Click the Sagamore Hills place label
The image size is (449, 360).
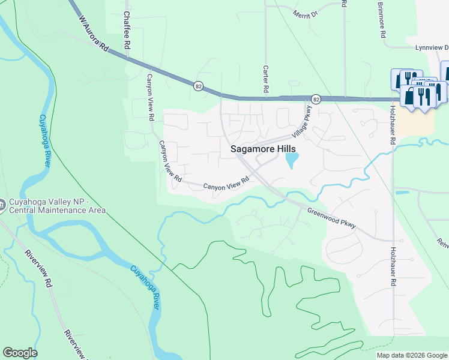pos(263,149)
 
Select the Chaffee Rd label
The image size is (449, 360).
pos(127,29)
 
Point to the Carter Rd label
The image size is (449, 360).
pos(265,79)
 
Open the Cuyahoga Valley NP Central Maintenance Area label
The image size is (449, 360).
pos(56,206)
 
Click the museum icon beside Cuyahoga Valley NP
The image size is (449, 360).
pos(4,205)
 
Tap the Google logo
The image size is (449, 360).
pos(20,353)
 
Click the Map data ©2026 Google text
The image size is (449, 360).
pos(412,355)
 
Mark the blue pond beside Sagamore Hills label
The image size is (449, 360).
pos(292,160)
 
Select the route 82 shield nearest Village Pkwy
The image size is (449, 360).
pos(316,98)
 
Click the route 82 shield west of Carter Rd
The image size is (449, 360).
pos(198,86)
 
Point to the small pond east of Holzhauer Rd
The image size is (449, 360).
pos(402,193)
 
